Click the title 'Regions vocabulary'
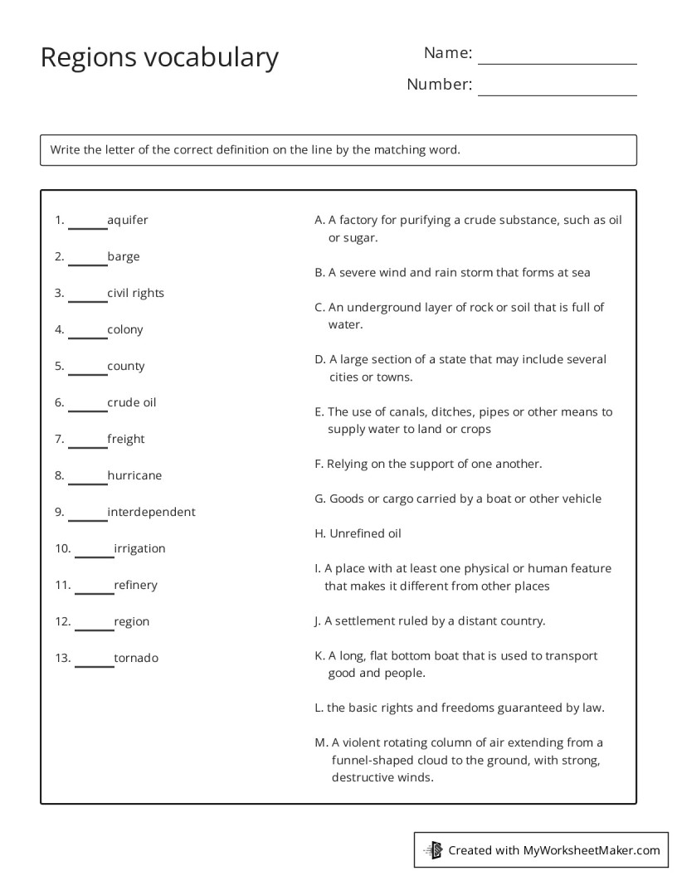tap(159, 58)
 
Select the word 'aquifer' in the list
tap(128, 221)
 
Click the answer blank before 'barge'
tap(87, 260)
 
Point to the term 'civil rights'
tap(135, 294)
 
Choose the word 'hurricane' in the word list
tap(134, 476)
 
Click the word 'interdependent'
tap(151, 513)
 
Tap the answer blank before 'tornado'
tap(94, 662)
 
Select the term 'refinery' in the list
tap(135, 586)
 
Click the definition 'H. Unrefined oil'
tap(358, 534)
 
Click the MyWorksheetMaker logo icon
tap(433, 849)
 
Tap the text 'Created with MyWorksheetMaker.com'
tap(553, 850)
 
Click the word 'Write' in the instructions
tap(65, 150)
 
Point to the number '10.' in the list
tap(63, 549)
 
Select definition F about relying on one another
tap(428, 465)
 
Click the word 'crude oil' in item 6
tap(131, 403)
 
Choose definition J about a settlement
tap(430, 621)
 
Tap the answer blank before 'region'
tap(94, 625)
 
